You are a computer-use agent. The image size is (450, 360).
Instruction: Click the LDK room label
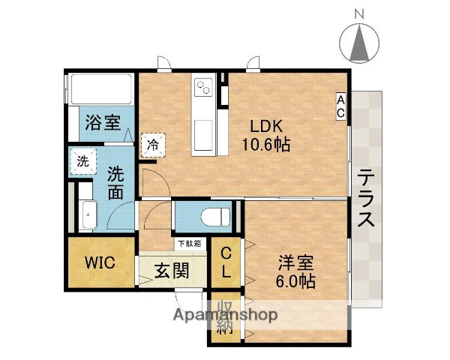tap(265, 125)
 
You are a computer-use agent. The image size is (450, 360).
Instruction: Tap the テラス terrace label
tap(366, 198)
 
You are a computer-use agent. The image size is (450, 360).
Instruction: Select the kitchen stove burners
tap(202, 88)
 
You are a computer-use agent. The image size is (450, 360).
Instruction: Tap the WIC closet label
tap(98, 263)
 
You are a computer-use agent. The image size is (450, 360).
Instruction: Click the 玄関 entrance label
tap(170, 271)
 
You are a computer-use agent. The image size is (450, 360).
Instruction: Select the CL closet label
tap(225, 262)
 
